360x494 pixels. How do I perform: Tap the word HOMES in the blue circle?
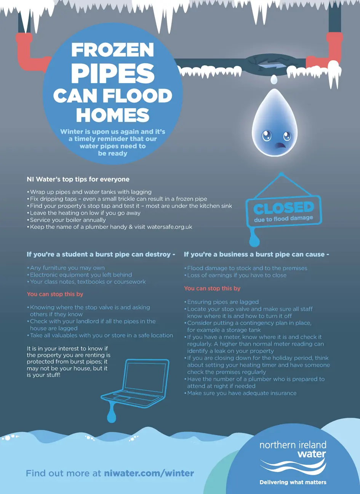[x=113, y=115]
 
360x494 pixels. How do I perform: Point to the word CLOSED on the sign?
[x=284, y=208]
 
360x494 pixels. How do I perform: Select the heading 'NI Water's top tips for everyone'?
[x=78, y=179]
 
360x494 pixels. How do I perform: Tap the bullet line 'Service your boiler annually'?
[x=68, y=220]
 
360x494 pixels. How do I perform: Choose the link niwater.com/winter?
[x=149, y=473]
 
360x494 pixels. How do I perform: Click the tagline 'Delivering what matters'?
[x=293, y=482]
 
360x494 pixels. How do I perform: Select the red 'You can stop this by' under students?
[x=55, y=294]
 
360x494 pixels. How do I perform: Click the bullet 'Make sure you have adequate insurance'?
[x=242, y=393]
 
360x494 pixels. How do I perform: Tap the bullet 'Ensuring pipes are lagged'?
[x=223, y=302]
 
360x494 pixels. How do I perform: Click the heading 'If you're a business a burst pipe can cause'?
[x=256, y=254]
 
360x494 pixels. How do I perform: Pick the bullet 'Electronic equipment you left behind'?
[x=81, y=275]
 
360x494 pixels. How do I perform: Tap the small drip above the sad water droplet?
[x=273, y=79]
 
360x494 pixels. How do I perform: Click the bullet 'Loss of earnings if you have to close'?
[x=237, y=275]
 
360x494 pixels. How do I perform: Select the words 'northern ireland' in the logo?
[x=293, y=445]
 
